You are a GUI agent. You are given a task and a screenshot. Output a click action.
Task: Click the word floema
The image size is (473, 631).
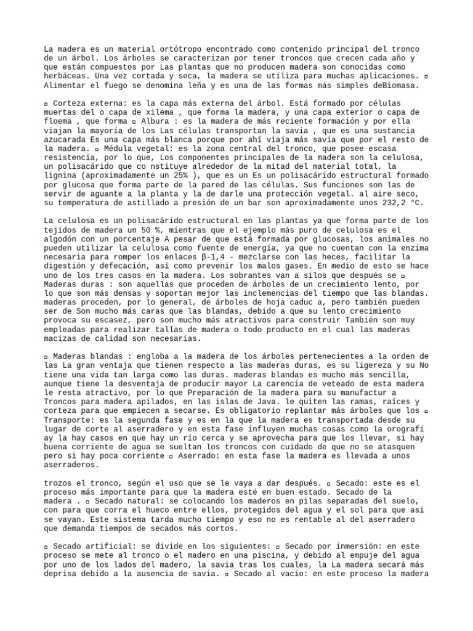(x=60, y=122)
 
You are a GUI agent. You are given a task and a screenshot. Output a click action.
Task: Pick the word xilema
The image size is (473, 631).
(x=164, y=113)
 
